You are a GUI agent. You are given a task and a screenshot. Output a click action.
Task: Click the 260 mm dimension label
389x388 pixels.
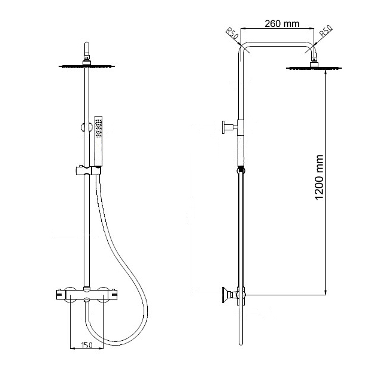pyautogui.click(x=282, y=24)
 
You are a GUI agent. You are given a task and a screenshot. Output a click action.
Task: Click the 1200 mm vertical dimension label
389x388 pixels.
pyautogui.click(x=319, y=177)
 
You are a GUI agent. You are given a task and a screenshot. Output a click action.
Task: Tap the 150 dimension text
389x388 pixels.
pyautogui.click(x=87, y=344)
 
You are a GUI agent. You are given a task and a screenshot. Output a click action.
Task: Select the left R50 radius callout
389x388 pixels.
pyautogui.click(x=232, y=33)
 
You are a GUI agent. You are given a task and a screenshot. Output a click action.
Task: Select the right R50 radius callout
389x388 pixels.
pyautogui.click(x=326, y=31)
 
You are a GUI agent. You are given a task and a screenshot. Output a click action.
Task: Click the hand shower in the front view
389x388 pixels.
pyautogui.click(x=99, y=141)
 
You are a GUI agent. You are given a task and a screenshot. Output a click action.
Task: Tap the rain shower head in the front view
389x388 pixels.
pyautogui.click(x=87, y=66)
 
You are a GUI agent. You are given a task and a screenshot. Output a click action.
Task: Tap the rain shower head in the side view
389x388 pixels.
pyautogui.click(x=314, y=68)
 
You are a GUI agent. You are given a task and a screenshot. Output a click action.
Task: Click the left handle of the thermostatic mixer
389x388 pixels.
pyautogui.click(x=61, y=294)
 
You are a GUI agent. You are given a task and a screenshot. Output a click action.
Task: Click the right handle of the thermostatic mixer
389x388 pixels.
pyautogui.click(x=113, y=294)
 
